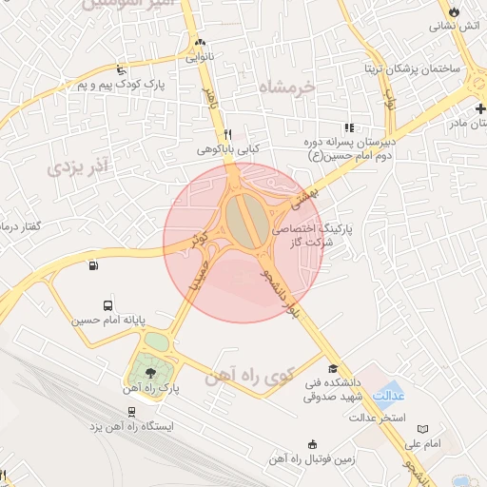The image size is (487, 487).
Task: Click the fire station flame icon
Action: [x=453, y=11]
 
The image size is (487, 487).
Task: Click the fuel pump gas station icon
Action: [x=92, y=265]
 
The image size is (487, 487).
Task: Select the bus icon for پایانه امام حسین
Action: [x=107, y=306]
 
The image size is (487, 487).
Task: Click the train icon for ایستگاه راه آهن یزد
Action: [x=129, y=412]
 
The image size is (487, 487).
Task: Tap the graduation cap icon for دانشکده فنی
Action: [x=333, y=368]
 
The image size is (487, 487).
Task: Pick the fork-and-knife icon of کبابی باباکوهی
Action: [x=227, y=134]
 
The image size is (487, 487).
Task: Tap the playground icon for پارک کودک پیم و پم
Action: [x=119, y=68]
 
